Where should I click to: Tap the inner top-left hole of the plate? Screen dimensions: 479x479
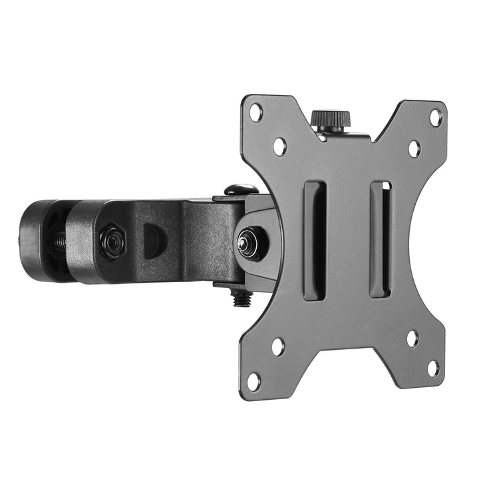279,145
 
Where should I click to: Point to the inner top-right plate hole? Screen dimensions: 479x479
414,148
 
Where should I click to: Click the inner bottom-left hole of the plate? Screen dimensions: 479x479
277,345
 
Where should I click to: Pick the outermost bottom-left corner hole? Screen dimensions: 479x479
253,381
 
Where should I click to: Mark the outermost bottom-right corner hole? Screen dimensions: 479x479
434,368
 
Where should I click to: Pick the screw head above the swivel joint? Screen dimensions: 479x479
240,190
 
